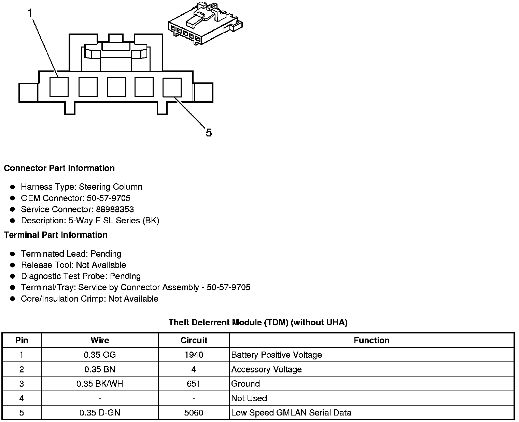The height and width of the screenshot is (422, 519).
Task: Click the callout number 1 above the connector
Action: tap(30, 13)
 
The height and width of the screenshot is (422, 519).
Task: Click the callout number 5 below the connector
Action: tap(209, 132)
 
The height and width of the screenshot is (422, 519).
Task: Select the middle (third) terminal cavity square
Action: tap(116, 87)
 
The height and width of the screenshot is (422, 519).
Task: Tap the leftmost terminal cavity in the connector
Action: tap(59, 87)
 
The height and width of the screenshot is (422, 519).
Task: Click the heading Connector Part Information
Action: tap(59, 168)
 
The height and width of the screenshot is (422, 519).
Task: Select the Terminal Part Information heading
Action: tap(56, 235)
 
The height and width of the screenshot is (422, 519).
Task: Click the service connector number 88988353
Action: tap(115, 209)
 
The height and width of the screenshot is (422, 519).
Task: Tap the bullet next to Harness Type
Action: tap(13, 187)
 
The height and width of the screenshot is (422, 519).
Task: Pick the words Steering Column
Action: tap(110, 187)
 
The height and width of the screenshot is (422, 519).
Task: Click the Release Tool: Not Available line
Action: tap(73, 265)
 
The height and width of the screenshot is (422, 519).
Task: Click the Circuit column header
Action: tap(194, 341)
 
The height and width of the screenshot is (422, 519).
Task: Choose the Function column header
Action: tap(371, 341)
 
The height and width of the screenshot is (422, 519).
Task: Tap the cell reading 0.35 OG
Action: tap(100, 355)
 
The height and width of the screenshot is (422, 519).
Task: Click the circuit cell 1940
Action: tap(194, 355)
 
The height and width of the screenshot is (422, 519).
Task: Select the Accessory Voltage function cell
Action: tap(266, 370)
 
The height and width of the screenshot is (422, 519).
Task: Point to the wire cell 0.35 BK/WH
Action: tap(100, 384)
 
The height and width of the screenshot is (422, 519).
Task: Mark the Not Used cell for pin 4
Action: tap(249, 398)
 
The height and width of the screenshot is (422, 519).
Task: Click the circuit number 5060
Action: tap(194, 413)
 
